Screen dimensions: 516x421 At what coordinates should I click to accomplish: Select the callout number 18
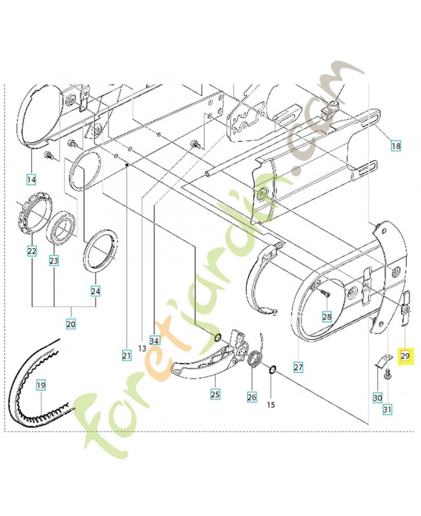(395, 146)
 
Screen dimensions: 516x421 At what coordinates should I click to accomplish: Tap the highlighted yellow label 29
(406, 355)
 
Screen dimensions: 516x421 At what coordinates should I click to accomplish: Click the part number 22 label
(32, 250)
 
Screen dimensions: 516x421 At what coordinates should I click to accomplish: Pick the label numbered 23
(54, 261)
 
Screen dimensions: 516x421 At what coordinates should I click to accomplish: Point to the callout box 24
(96, 291)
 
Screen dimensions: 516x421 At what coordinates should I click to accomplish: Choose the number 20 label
(71, 323)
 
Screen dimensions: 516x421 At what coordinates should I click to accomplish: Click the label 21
(126, 354)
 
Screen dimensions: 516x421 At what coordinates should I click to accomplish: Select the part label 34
(154, 340)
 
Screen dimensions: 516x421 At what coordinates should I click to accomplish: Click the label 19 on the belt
(41, 386)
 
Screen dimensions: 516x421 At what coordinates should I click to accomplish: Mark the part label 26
(252, 398)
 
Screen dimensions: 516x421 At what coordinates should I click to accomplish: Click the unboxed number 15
(271, 405)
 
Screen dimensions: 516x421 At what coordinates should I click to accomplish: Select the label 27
(298, 368)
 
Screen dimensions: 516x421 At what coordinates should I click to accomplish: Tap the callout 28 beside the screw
(327, 317)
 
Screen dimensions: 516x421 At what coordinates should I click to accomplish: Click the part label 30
(377, 398)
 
